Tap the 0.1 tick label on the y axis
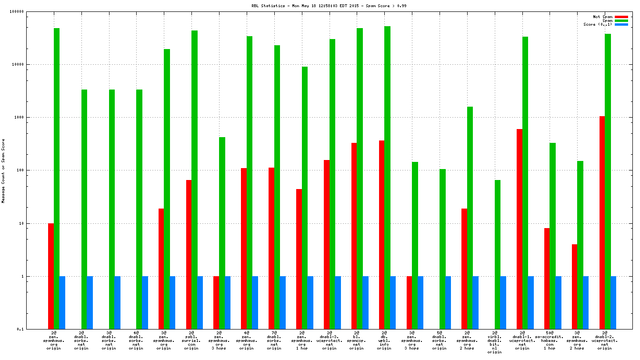(x=34, y=329)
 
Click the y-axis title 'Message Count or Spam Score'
(x=3, y=171)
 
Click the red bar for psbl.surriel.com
(x=189, y=254)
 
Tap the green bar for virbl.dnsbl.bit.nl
(x=498, y=254)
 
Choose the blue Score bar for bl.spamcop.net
(x=365, y=302)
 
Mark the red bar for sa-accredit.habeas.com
(x=547, y=279)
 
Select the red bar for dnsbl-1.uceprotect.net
(x=519, y=229)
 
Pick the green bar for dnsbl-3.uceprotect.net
(x=332, y=184)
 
